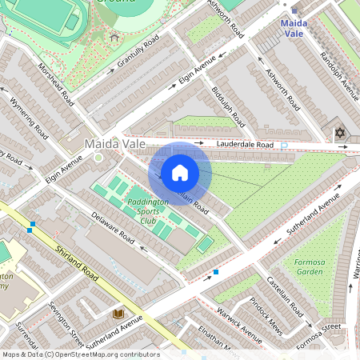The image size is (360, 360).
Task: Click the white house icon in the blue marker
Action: coord(179,173)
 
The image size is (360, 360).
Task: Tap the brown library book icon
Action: coord(118,313)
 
